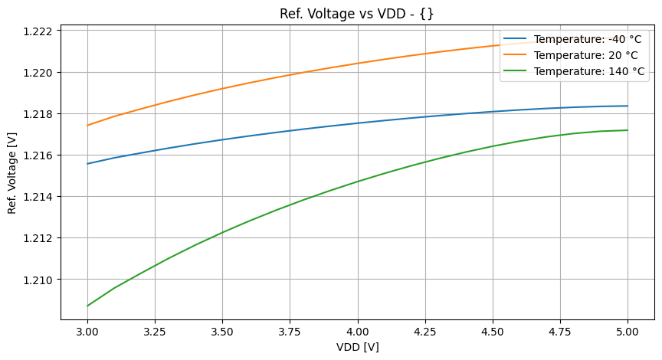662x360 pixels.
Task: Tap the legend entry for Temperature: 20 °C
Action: coord(585,56)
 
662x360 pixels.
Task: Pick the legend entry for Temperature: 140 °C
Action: coord(589,72)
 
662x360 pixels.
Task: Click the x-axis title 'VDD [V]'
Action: coord(358,347)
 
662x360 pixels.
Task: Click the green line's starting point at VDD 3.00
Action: coord(87,306)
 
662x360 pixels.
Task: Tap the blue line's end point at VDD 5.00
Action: coord(628,106)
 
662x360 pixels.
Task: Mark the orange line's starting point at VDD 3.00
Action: coord(87,126)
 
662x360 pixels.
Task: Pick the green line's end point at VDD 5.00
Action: coord(628,130)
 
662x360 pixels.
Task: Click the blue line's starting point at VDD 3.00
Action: coord(87,163)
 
